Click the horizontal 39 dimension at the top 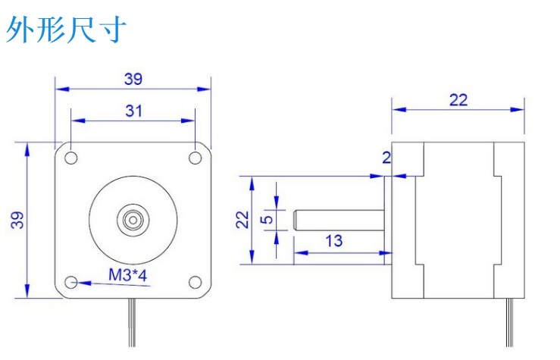133,78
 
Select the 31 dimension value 133,111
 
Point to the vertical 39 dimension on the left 17,220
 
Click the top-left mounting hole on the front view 71,158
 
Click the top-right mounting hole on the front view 196,158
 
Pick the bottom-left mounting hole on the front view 71,282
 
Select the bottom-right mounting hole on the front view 196,282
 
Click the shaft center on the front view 133,220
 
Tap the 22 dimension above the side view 458,99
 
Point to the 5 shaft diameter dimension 266,220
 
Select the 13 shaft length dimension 333,241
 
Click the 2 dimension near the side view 386,158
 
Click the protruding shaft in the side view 337,220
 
